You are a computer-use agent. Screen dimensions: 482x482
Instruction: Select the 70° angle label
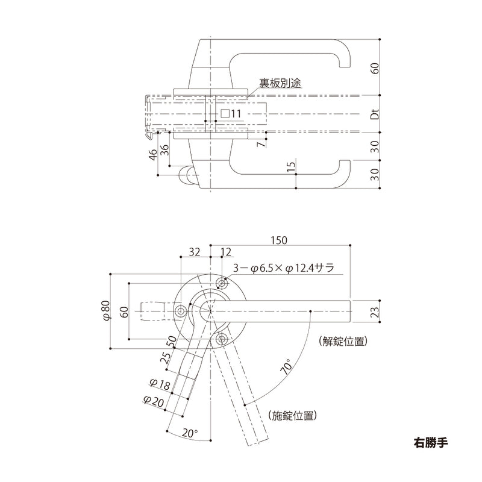(x=287, y=367)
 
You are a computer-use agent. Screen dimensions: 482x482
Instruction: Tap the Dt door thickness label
(x=374, y=113)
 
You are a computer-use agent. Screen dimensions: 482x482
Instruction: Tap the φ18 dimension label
(x=157, y=383)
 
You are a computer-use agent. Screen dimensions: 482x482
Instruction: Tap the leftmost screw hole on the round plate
(x=181, y=310)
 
